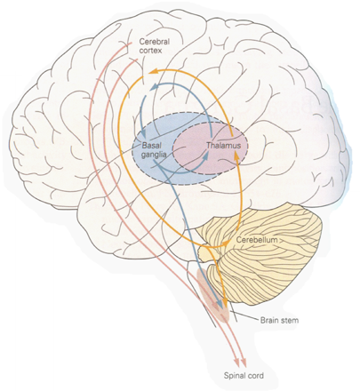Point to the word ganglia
[x=153, y=155]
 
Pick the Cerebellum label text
[x=257, y=240]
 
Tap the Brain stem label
[x=279, y=320]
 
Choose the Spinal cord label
[x=244, y=376]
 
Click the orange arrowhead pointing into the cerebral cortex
[x=152, y=72]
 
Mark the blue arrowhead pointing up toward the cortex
[x=154, y=87]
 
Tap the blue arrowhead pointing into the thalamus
[x=206, y=154]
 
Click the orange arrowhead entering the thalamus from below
[x=236, y=155]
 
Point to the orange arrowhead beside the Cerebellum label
[x=227, y=243]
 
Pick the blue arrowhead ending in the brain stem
[x=220, y=305]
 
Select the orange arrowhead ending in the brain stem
[x=226, y=305]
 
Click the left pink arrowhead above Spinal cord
[x=237, y=363]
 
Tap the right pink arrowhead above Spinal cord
[x=244, y=363]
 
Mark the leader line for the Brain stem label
[x=243, y=317]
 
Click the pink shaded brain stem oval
[x=213, y=296]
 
